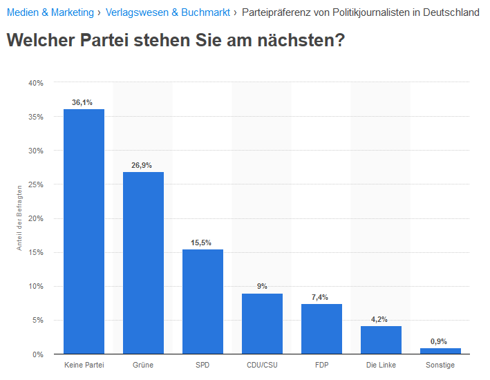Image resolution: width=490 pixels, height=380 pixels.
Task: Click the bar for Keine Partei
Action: click(84, 231)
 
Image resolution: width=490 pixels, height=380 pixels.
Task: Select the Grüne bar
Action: click(143, 263)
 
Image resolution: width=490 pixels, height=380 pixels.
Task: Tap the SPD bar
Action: click(202, 301)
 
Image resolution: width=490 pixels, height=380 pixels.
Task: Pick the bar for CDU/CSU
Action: click(262, 323)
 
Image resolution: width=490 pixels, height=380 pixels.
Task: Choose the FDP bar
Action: click(321, 329)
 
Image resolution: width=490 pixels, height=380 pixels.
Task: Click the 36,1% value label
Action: click(82, 102)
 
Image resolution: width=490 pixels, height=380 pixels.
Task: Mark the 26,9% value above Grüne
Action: click(142, 165)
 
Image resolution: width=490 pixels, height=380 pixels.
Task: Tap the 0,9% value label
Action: click(439, 341)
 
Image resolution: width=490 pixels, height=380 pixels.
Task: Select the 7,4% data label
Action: click(320, 297)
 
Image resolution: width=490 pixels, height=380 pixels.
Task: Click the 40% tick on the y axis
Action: click(36, 83)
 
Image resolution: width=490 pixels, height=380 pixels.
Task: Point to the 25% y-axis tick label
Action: click(36, 184)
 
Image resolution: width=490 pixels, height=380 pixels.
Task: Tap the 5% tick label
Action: click(38, 320)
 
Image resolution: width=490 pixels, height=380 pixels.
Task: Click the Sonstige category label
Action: click(440, 365)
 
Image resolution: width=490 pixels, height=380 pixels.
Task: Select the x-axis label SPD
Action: click(202, 365)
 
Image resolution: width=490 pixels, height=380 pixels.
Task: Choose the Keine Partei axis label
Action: click(84, 365)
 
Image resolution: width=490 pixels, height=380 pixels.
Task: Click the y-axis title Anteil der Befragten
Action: click(21, 218)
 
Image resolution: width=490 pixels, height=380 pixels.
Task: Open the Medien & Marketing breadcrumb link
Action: click(50, 12)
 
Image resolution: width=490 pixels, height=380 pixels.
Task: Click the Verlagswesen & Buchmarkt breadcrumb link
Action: click(168, 12)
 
